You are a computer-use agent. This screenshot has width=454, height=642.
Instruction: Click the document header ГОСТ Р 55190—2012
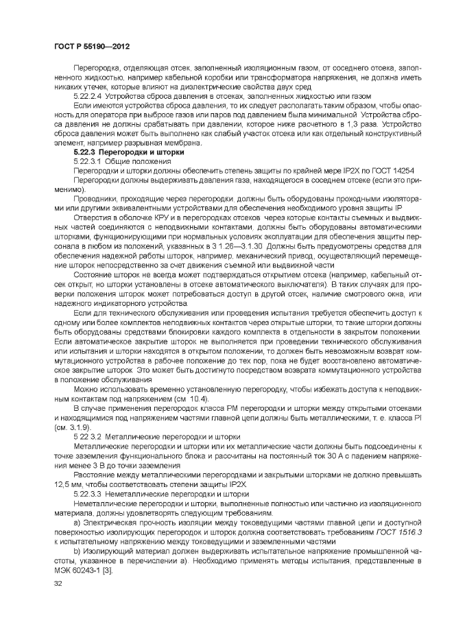[x=91, y=45]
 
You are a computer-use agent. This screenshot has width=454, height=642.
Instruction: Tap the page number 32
[x=57, y=583]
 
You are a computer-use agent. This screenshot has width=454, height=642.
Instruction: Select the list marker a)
[x=77, y=523]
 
